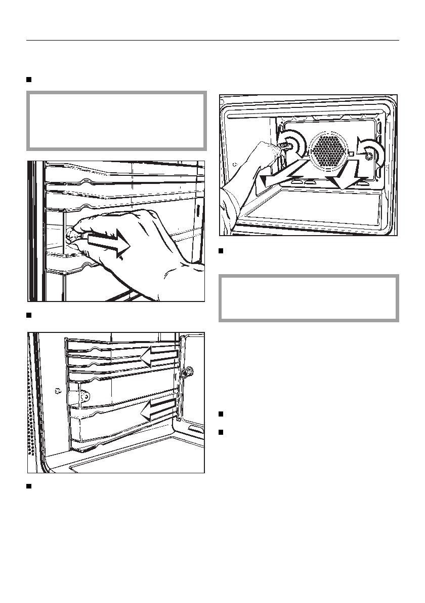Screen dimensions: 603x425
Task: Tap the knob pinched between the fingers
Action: [71, 234]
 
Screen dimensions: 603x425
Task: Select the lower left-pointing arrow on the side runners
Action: [160, 408]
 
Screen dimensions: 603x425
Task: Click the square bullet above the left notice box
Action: [29, 80]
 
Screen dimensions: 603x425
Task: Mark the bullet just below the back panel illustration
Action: [222, 251]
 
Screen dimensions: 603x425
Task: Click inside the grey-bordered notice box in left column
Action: [117, 121]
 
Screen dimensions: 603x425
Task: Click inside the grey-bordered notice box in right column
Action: [308, 297]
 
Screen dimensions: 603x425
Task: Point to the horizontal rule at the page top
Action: [212, 40]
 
